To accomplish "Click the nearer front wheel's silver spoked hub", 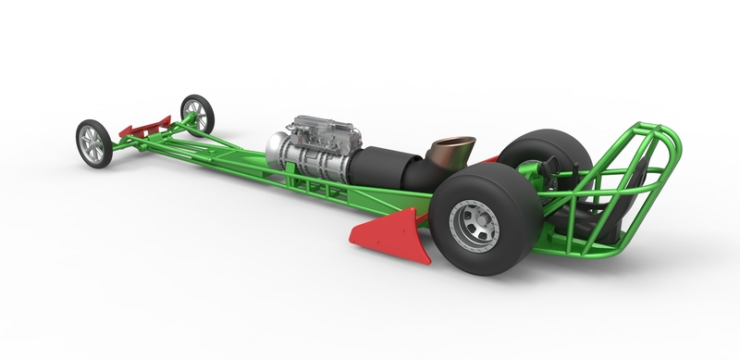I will click(x=93, y=143).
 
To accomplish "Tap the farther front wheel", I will click(x=196, y=114).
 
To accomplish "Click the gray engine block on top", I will click(x=319, y=134).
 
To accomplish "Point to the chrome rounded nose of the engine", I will click(x=275, y=148).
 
